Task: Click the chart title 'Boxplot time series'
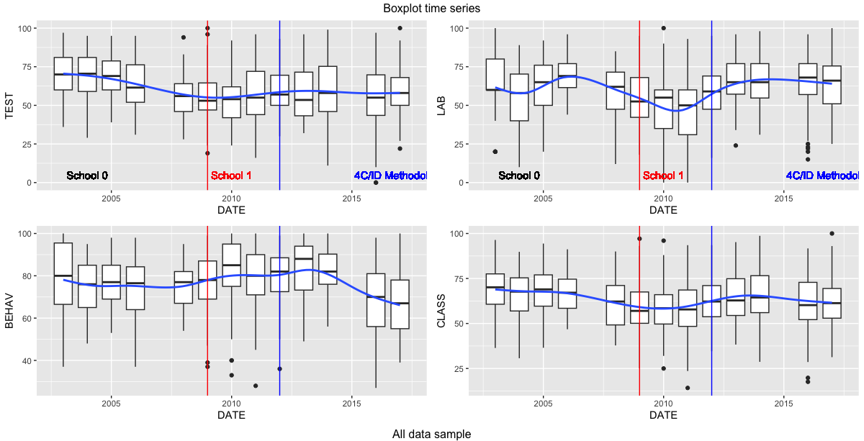pos(431,8)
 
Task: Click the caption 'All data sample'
pos(431,434)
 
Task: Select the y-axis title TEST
pos(10,106)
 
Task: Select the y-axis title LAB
pos(442,106)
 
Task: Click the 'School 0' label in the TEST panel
pos(86,176)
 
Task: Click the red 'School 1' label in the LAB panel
pos(663,176)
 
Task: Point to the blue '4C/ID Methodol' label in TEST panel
pos(390,176)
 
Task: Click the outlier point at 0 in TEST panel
pos(376,183)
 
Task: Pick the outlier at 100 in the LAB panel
pos(663,28)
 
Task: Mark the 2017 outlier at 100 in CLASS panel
pos(832,233)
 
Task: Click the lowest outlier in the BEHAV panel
pos(256,386)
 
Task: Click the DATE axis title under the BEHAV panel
pos(231,415)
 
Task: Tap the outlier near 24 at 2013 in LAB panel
pos(736,145)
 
